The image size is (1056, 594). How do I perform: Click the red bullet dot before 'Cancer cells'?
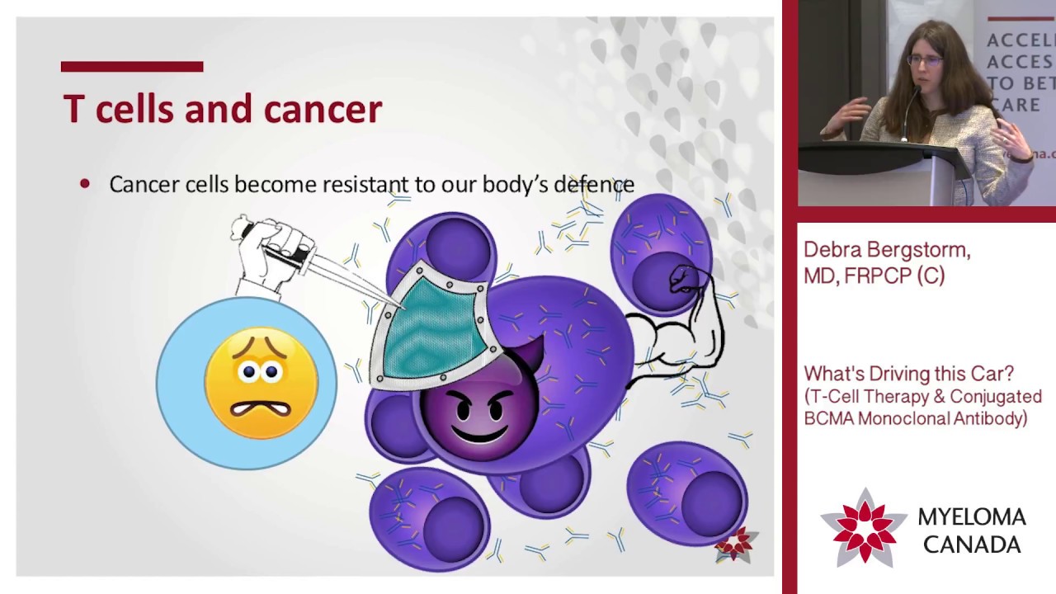85,184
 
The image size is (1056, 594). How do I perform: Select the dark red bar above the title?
132,67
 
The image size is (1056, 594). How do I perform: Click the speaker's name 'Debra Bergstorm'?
887,250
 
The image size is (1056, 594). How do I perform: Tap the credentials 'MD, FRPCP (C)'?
874,276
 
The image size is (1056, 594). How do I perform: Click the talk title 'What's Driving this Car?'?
908,374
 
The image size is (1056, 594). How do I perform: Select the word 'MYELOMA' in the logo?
972,517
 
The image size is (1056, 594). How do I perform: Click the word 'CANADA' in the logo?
972,544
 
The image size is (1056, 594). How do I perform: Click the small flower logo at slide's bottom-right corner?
734,544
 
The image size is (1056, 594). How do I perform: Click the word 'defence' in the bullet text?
594,184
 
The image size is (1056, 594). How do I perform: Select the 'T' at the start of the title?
73,110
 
